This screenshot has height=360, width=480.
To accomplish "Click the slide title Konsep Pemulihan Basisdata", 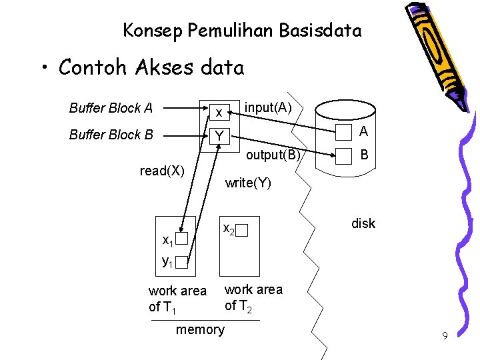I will [242, 31].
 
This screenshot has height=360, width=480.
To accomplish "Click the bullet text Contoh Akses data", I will [151, 67].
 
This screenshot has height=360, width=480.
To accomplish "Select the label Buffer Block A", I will [111, 108].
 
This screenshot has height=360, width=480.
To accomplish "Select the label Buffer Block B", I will [111, 135].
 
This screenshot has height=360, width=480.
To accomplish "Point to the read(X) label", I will [162, 171].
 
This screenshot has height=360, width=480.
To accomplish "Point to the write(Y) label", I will [248, 183].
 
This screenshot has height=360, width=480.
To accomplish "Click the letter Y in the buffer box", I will [217, 137].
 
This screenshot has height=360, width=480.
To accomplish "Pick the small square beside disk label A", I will [343, 133].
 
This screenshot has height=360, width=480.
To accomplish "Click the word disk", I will [363, 223].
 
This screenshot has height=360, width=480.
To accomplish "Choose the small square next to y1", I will [182, 263].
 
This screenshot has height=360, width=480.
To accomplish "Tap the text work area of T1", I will [177, 299].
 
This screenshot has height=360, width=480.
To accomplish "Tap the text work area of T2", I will [253, 297].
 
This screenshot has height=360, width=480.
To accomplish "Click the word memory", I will [200, 329].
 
